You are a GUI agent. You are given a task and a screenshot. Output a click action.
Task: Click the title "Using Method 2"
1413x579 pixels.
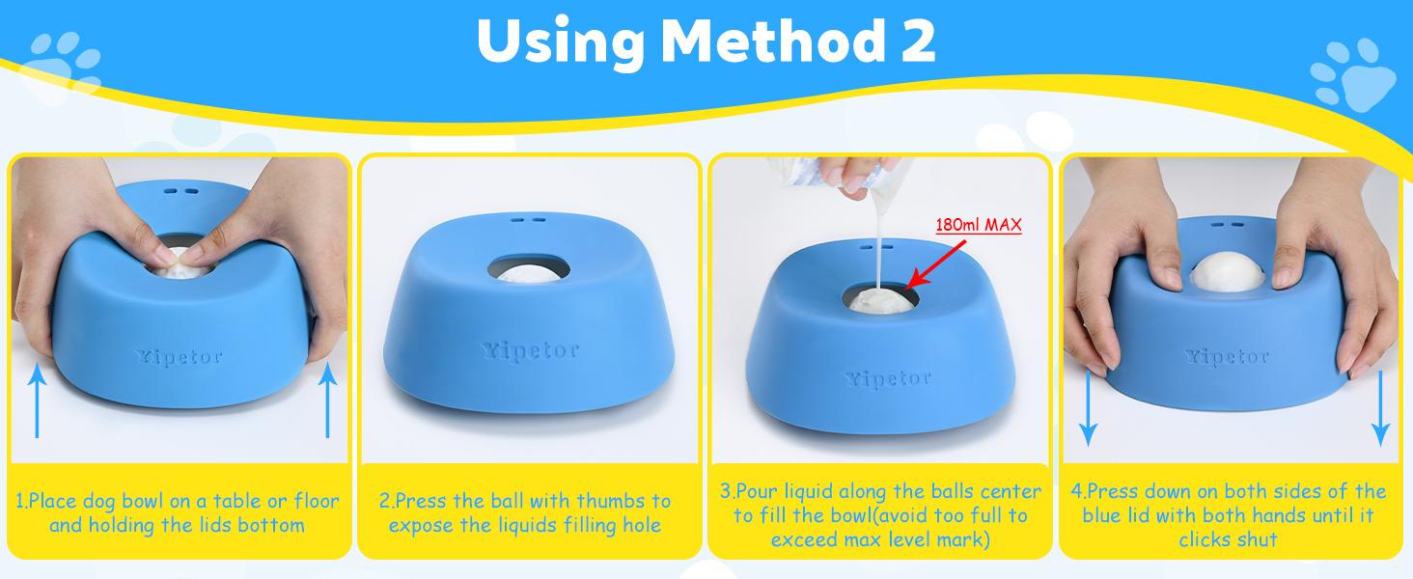pyautogui.click(x=706, y=40)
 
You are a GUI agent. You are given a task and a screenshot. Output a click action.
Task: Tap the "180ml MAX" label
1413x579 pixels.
pyautogui.click(x=978, y=226)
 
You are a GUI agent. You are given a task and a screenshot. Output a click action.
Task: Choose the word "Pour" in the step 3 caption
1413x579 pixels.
pyautogui.click(x=757, y=492)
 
